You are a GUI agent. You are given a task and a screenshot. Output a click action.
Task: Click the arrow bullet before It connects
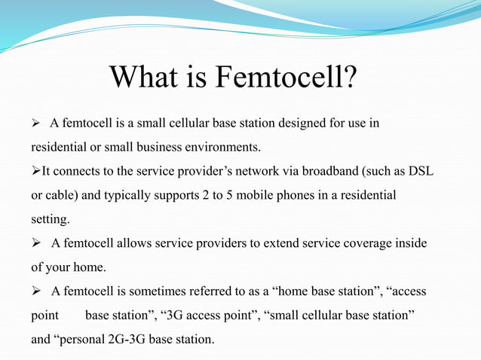[35, 171]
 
